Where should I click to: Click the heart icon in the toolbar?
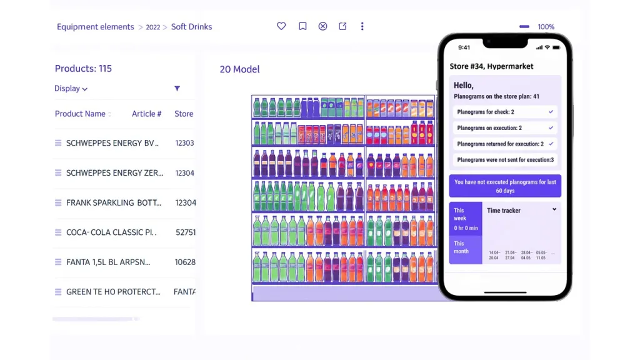pos(281,26)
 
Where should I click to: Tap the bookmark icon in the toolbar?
pos(302,26)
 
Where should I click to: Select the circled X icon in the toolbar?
pos(322,26)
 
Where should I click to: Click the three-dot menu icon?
pos(362,26)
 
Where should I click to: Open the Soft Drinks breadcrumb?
pos(191,27)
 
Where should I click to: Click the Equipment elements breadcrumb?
pos(95,27)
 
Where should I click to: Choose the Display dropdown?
pos(71,89)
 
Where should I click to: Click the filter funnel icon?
pos(177,89)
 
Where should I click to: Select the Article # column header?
pos(146,114)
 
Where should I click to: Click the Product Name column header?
pos(80,114)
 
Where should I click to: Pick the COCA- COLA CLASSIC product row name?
pos(111,232)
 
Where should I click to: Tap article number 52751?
pos(185,232)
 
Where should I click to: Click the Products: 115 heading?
pos(83,69)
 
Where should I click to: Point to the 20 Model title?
pos(239,69)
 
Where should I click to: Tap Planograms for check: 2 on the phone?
pos(486,112)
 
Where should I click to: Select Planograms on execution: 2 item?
pos(489,128)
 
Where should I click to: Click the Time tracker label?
pos(504,211)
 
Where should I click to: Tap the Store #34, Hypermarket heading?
pos(491,66)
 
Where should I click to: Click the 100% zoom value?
pos(546,27)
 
